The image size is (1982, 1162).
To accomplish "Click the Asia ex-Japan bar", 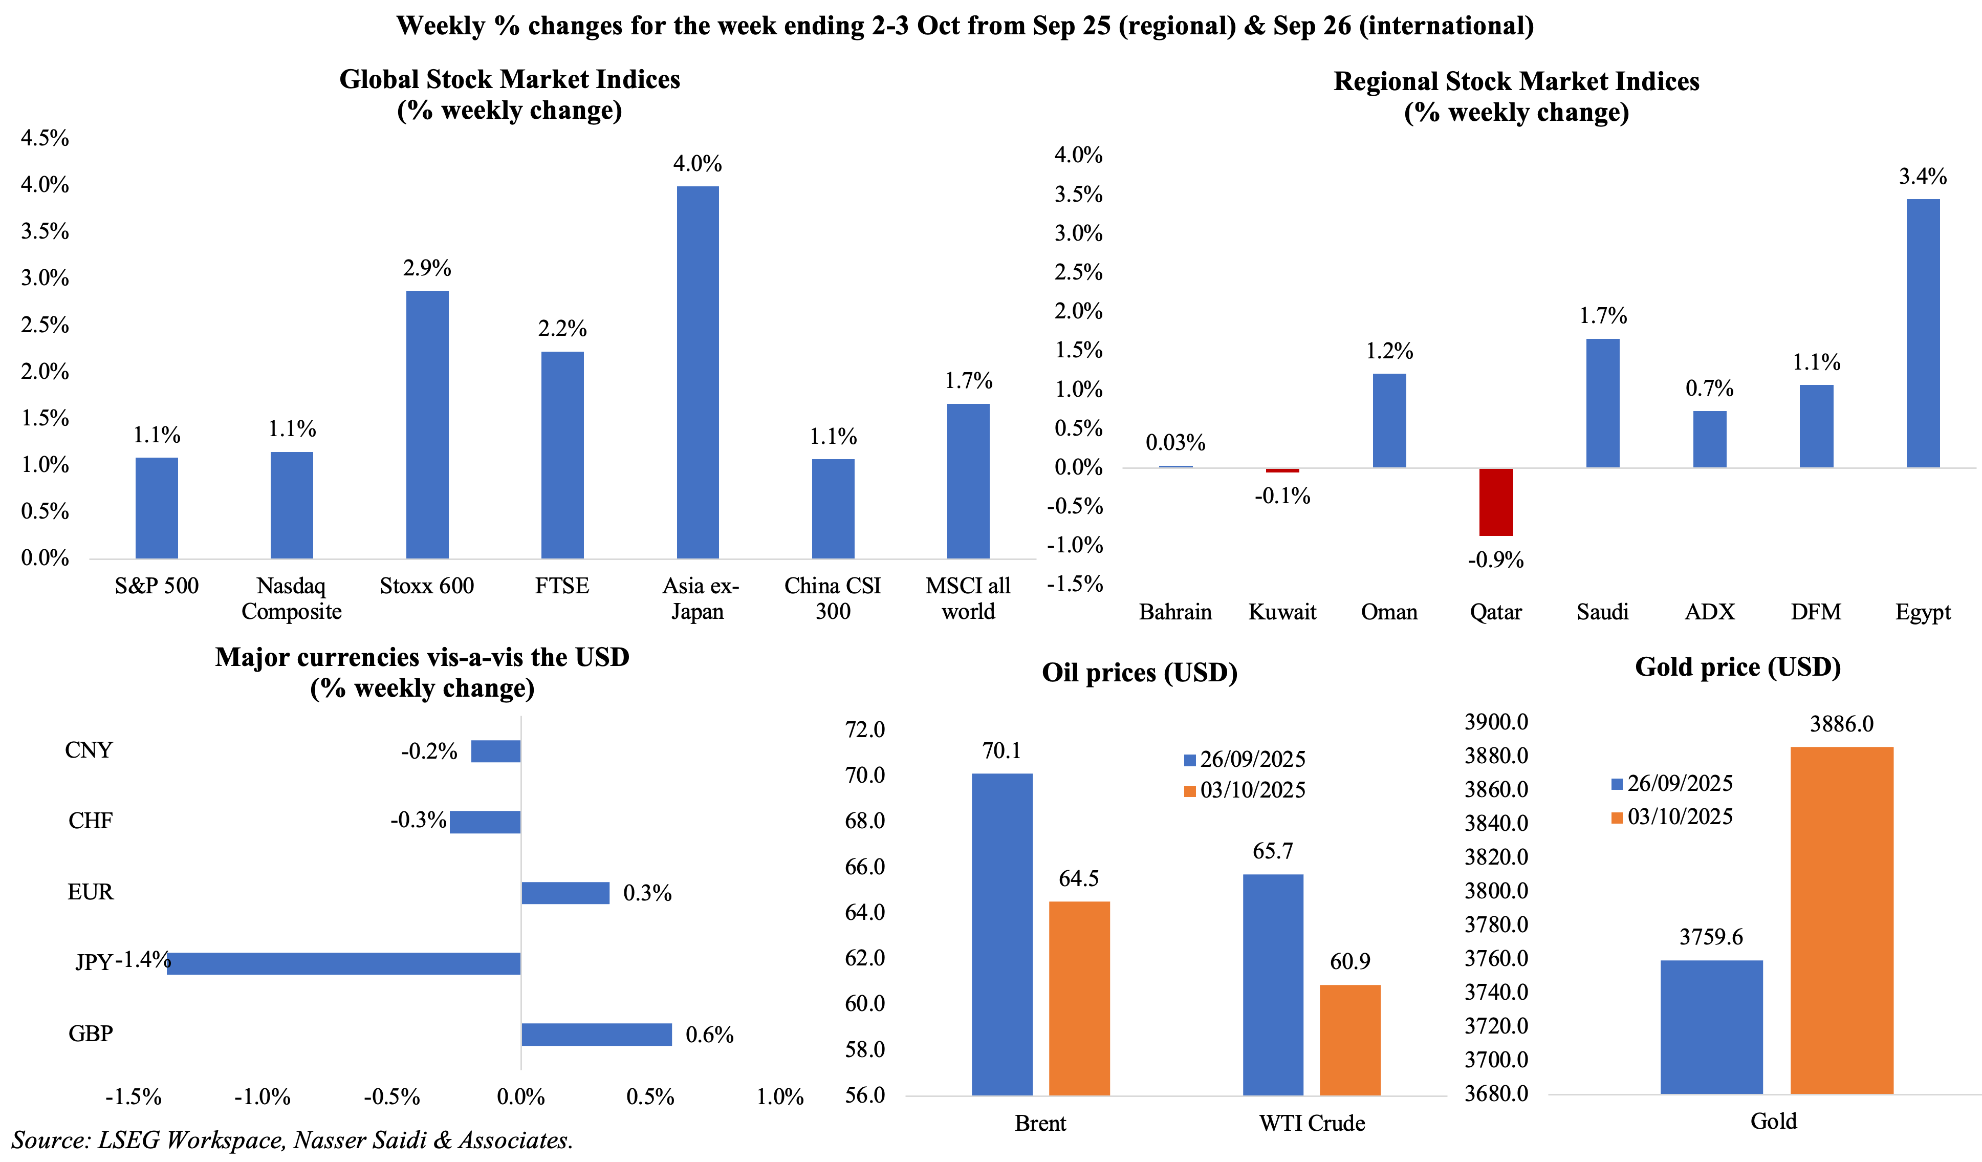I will click(698, 372).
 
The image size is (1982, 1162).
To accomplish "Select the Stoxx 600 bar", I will click(427, 425).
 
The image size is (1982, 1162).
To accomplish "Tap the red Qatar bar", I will click(1495, 502).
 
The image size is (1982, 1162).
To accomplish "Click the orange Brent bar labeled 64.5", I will click(1079, 998).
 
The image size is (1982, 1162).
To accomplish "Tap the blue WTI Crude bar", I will click(1273, 984).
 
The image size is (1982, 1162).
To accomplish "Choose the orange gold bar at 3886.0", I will click(1841, 920).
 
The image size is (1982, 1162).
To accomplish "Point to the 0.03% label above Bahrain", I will click(1175, 442).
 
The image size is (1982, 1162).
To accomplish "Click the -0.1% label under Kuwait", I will click(1282, 496).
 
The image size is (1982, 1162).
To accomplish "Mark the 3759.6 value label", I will click(1711, 936).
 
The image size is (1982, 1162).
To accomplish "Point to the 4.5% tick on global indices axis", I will click(45, 138).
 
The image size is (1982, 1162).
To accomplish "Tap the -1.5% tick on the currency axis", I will click(133, 1096).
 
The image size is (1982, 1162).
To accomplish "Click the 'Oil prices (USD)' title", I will click(1139, 673).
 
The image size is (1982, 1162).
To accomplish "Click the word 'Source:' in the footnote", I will click(50, 1140).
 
